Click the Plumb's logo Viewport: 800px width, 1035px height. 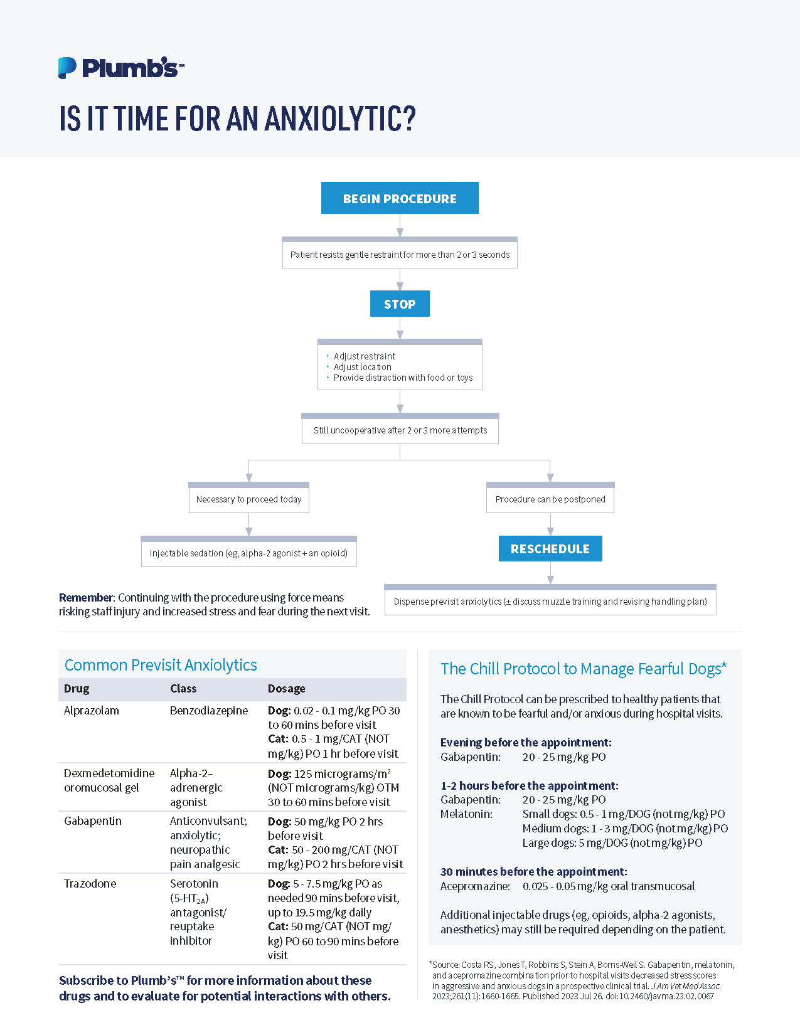[x=120, y=68]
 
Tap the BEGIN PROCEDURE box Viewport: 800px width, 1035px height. [x=400, y=198]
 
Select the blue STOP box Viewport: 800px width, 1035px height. [x=400, y=304]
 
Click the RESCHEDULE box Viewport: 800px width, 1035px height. [x=550, y=549]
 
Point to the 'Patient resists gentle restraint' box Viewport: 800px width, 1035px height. [x=400, y=255]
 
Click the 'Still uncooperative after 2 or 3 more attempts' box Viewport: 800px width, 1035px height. [x=400, y=430]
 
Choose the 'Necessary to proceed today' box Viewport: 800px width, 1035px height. [x=248, y=499]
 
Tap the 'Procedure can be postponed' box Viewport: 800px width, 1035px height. [x=550, y=499]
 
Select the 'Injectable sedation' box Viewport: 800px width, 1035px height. [x=248, y=553]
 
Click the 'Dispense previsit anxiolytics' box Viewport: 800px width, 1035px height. [x=550, y=602]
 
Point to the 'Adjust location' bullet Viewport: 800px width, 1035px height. [x=362, y=367]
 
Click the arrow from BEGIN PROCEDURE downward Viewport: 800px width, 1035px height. [x=400, y=226]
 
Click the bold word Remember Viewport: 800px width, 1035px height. [x=86, y=598]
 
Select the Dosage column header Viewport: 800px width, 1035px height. [x=286, y=689]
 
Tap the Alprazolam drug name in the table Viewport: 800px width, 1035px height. [x=92, y=711]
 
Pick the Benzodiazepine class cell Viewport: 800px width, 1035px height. [x=209, y=711]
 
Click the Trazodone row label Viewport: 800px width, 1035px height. [x=90, y=884]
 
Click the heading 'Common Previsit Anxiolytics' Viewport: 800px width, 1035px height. [x=161, y=665]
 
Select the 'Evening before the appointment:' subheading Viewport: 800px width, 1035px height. [x=526, y=743]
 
